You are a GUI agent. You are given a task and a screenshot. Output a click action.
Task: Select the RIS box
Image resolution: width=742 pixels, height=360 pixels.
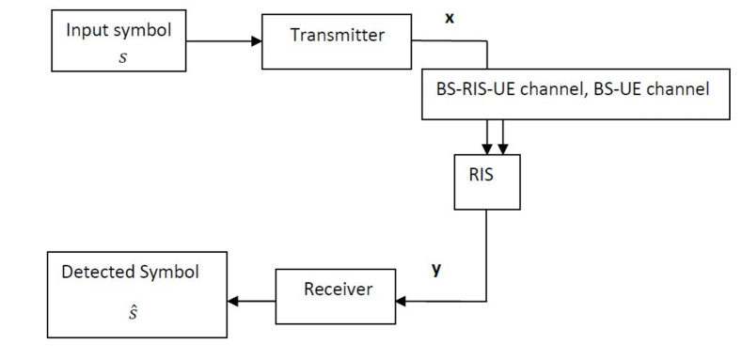485,180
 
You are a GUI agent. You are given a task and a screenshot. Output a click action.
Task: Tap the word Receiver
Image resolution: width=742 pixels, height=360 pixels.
338,289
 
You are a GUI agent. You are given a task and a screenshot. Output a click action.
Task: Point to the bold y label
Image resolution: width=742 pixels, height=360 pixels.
435,269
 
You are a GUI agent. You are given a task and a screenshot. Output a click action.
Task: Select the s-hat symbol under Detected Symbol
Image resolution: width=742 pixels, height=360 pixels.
131,309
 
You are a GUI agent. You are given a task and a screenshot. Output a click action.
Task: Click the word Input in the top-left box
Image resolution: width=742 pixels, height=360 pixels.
83,28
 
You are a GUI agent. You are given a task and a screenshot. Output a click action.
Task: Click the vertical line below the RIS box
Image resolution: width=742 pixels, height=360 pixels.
485,254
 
